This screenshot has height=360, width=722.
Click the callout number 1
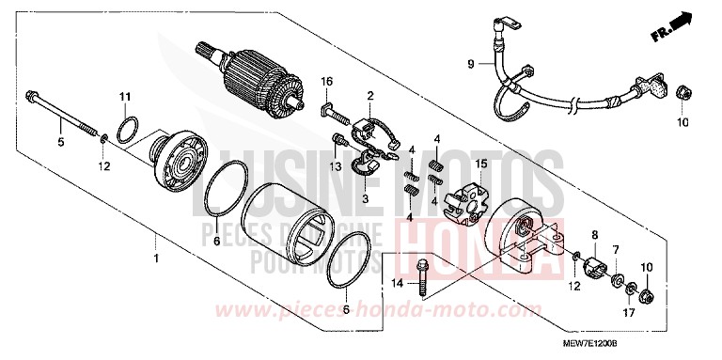click(x=157, y=256)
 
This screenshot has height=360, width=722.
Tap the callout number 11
click(x=124, y=98)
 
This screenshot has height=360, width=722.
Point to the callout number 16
click(x=328, y=82)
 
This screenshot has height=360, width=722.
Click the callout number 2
click(x=370, y=95)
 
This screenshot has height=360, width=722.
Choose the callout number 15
click(x=481, y=164)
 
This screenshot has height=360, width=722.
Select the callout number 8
click(x=594, y=233)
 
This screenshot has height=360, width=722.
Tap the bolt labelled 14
click(x=425, y=268)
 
